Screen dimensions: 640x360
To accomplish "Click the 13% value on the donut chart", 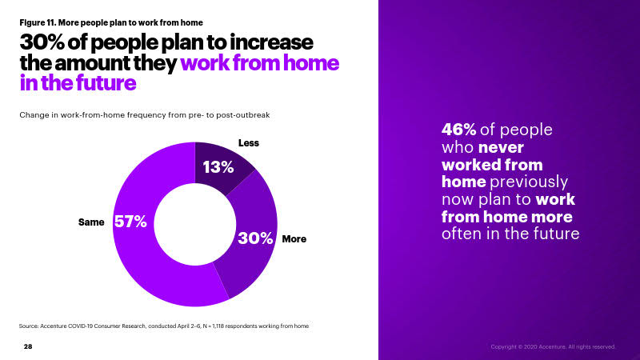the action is pyautogui.click(x=218, y=167).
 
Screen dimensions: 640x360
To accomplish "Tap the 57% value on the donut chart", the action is pyautogui.click(x=130, y=222).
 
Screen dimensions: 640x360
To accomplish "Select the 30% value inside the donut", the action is pyautogui.click(x=255, y=238).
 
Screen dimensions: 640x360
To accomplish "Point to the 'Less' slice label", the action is pyautogui.click(x=249, y=143).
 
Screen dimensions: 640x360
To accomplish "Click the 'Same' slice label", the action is pyautogui.click(x=91, y=222).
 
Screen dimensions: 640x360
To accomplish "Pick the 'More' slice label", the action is pyautogui.click(x=294, y=238).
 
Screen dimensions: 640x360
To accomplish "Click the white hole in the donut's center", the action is pyautogui.click(x=195, y=224).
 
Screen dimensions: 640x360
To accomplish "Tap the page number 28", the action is pyautogui.click(x=28, y=346).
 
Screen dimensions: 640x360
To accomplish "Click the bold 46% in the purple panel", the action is pyautogui.click(x=458, y=130).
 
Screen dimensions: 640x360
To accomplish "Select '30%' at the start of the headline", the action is pyautogui.click(x=42, y=42).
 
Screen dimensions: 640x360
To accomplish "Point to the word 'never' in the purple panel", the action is pyautogui.click(x=501, y=148).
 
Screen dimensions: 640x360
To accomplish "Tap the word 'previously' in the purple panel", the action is pyautogui.click(x=529, y=182).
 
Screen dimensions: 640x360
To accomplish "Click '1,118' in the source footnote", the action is pyautogui.click(x=218, y=326).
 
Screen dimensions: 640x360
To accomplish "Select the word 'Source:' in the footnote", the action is pyautogui.click(x=29, y=326).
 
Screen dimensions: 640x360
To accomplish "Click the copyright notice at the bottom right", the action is pyautogui.click(x=553, y=347).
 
